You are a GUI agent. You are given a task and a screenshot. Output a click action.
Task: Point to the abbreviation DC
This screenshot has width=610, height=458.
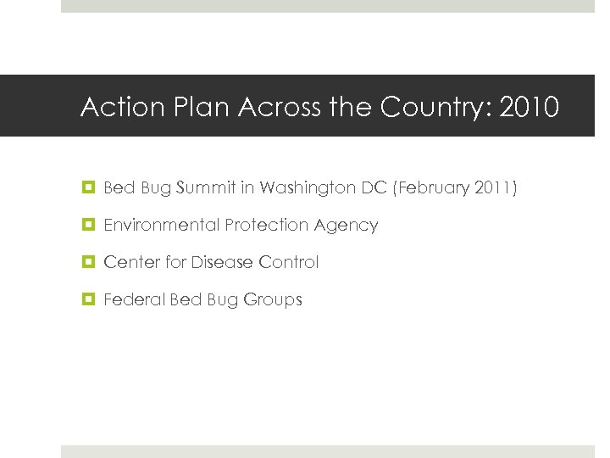click(x=374, y=187)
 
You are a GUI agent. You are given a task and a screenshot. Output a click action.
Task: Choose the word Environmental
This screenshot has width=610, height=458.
click(x=161, y=225)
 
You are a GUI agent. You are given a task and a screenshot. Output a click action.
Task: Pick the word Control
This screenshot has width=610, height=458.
click(x=289, y=262)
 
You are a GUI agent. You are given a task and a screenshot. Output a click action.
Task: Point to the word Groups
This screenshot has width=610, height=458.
click(x=274, y=300)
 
